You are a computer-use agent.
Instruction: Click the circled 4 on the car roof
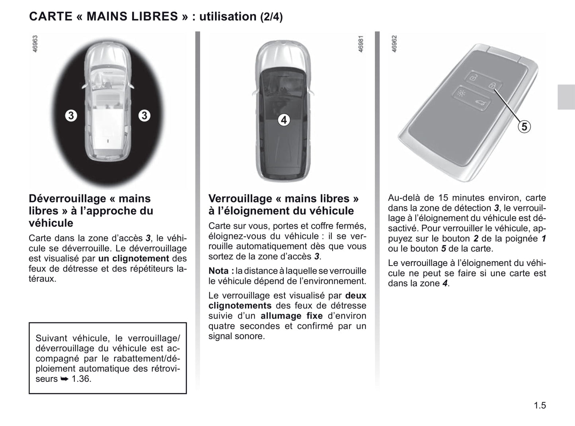click(x=284, y=120)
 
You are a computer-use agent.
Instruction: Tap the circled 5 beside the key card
click(x=524, y=127)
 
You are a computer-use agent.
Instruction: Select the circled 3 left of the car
click(x=71, y=116)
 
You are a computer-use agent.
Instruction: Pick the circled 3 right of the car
click(x=144, y=116)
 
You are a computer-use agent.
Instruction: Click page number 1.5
click(x=540, y=405)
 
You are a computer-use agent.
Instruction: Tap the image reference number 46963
click(x=35, y=44)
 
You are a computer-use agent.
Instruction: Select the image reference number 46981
click(x=361, y=44)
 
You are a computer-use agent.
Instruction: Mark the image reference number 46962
click(x=394, y=44)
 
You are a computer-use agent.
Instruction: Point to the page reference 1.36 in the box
click(x=82, y=379)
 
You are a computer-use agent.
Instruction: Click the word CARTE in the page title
click(x=51, y=16)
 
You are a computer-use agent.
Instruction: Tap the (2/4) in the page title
click(x=271, y=17)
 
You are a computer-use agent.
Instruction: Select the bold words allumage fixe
click(x=292, y=316)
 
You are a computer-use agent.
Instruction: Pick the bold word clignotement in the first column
click(x=141, y=258)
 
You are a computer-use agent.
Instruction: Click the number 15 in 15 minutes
click(x=443, y=198)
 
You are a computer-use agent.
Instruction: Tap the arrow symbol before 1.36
click(x=64, y=379)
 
